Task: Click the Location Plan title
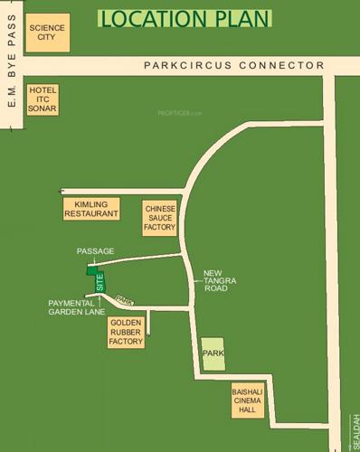tap(185, 19)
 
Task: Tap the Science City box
tap(46, 33)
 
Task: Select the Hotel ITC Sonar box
tap(43, 100)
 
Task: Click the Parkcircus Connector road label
tap(233, 66)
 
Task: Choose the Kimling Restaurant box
tap(90, 209)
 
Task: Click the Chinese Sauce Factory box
tap(159, 219)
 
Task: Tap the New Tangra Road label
tap(220, 281)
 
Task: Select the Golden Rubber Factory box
tap(126, 333)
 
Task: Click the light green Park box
tap(213, 353)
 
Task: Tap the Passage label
tap(96, 250)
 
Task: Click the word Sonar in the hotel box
tap(43, 109)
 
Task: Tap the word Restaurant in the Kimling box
tap(90, 214)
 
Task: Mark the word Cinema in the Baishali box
tap(248, 400)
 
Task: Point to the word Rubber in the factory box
tap(126, 333)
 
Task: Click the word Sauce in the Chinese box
tap(159, 219)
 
